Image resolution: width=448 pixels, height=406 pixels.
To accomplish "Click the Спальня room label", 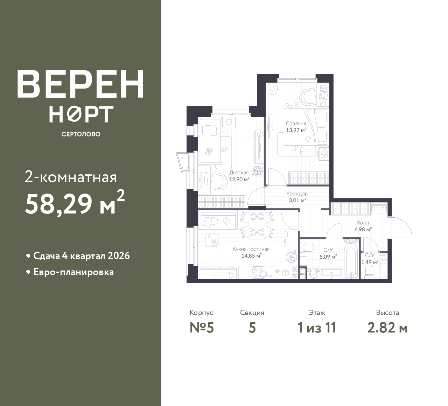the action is (296, 123).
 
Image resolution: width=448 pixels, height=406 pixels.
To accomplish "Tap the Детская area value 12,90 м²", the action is (239, 179).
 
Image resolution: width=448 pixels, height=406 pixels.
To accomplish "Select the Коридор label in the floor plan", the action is (297, 194).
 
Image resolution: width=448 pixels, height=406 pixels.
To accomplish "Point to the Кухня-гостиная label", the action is (251, 249).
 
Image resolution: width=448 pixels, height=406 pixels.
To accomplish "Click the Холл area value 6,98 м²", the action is (363, 229).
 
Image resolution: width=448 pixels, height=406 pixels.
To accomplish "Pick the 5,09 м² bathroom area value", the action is (328, 257).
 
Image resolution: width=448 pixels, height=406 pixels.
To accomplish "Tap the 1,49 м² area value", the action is (370, 262).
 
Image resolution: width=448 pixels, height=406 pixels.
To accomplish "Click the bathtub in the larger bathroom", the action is (351, 262).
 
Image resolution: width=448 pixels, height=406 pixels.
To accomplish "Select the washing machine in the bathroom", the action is (314, 274).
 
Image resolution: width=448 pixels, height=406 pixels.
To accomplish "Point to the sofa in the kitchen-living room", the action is (219, 220).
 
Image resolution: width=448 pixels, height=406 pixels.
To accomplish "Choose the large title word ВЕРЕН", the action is (80, 84).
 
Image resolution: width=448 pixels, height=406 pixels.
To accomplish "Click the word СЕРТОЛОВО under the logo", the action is (81, 134).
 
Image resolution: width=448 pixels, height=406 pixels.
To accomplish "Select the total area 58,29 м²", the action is (75, 203).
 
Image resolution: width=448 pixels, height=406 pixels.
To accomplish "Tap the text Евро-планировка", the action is (73, 272).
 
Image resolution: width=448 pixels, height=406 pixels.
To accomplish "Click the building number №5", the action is (202, 328).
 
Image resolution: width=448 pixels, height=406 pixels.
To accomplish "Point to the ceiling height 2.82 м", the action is (387, 328).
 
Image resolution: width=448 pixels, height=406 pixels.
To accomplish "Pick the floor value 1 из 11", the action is (317, 328).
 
